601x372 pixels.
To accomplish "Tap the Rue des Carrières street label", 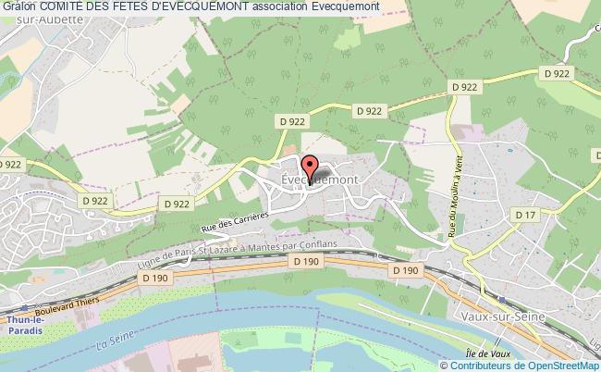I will click(234, 221).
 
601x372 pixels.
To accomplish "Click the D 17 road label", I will click(524, 216).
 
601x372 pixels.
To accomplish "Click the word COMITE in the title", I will click(66, 8).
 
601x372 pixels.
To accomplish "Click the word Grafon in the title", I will click(20, 8).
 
